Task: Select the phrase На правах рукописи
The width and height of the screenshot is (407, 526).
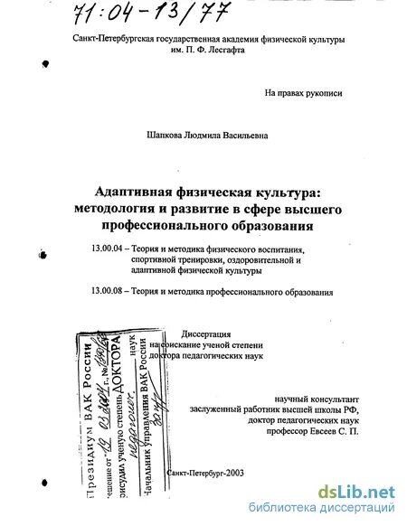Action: pyautogui.click(x=303, y=92)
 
